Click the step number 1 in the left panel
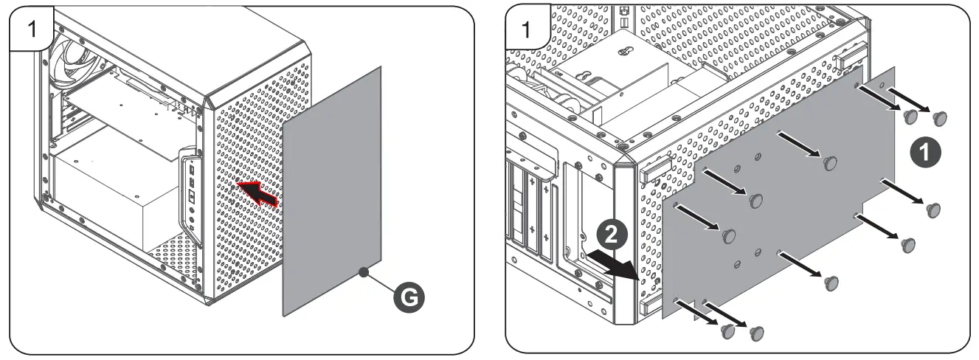click(x=30, y=30)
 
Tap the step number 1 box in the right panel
click(x=526, y=30)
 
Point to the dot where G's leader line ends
click(x=363, y=272)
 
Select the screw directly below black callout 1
click(x=933, y=209)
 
